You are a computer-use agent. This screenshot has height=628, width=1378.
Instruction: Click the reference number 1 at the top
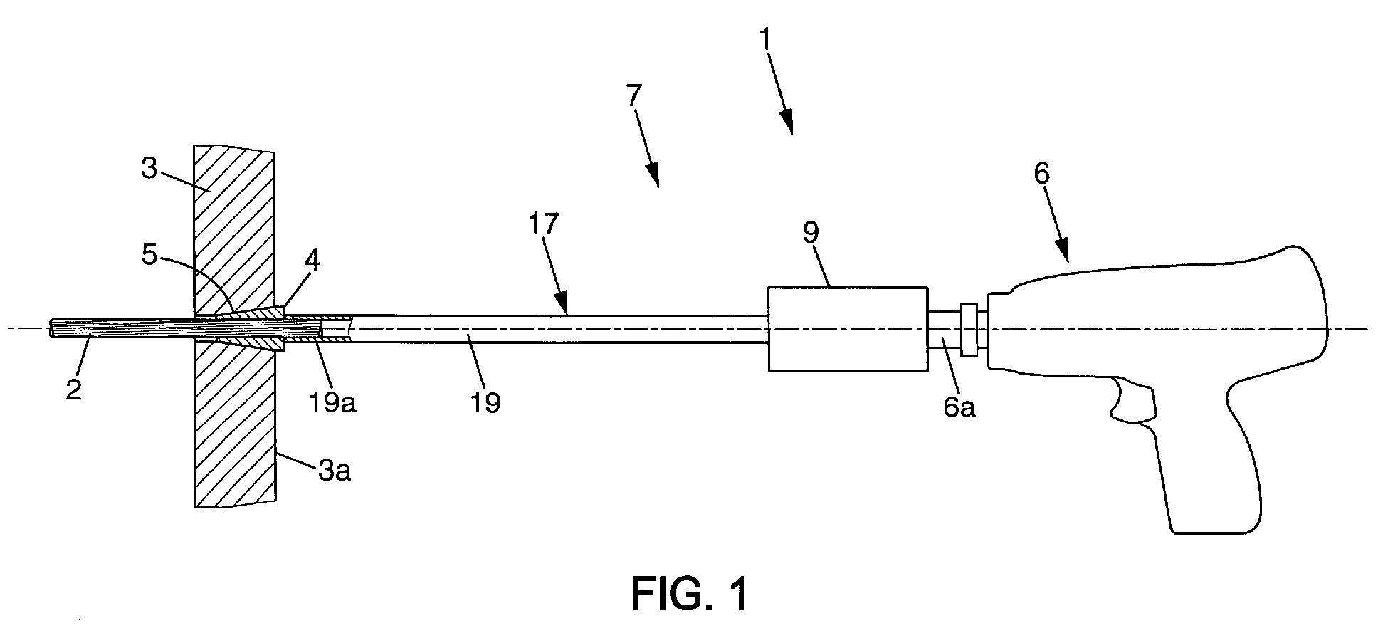click(x=764, y=40)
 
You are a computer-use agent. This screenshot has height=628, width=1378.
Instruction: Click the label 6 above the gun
click(x=1041, y=174)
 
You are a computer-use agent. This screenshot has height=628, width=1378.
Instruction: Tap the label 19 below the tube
click(x=484, y=402)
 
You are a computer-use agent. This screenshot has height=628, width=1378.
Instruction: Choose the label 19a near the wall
click(x=330, y=402)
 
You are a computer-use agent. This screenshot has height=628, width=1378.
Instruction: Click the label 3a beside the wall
click(x=334, y=470)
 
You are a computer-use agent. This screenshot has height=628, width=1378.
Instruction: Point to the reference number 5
click(x=149, y=255)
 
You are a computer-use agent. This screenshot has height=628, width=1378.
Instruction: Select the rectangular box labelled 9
click(x=848, y=329)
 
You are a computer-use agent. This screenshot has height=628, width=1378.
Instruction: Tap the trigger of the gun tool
click(x=1130, y=401)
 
